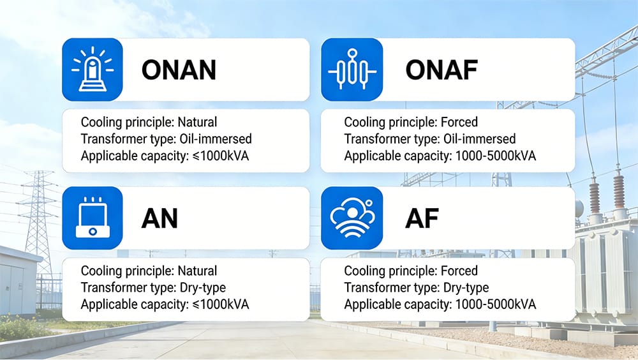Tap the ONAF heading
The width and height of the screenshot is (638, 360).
[441, 70]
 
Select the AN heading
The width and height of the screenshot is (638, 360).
[159, 219]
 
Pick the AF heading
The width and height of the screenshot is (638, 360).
[422, 219]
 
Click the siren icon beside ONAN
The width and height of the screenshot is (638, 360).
[93, 70]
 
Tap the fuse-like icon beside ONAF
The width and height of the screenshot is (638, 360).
[352, 70]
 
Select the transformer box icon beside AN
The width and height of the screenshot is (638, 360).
[93, 218]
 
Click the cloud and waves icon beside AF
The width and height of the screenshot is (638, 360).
[352, 218]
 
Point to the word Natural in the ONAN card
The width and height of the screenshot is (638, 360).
[197, 122]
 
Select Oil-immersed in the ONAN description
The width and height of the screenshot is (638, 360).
[215, 139]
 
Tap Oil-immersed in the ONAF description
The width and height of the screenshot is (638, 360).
[478, 139]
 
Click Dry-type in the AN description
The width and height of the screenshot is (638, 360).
[202, 287]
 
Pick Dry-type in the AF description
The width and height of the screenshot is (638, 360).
[465, 287]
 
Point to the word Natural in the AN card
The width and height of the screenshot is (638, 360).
[197, 271]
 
